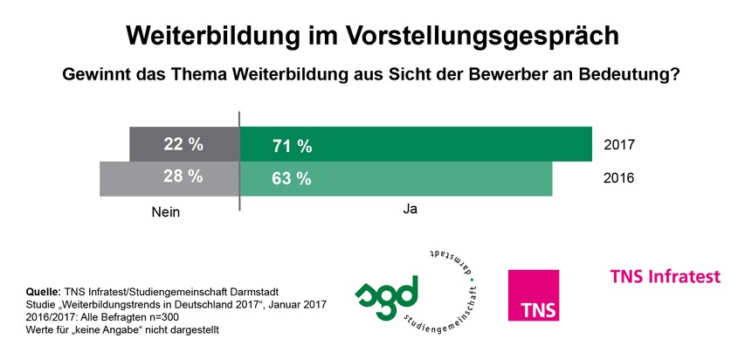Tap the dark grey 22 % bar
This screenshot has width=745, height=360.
pyautogui.click(x=184, y=144)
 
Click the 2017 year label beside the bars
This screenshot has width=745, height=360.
pyautogui.click(x=618, y=144)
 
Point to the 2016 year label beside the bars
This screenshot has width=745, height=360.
pyautogui.click(x=618, y=178)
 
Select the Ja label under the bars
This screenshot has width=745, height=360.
pyautogui.click(x=410, y=211)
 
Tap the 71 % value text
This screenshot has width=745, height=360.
pyautogui.click(x=293, y=145)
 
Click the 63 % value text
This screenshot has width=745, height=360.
pyautogui.click(x=293, y=178)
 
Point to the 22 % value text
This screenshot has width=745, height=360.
pyautogui.click(x=183, y=143)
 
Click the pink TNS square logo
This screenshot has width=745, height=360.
pyautogui.click(x=534, y=294)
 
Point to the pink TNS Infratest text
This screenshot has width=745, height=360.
pyautogui.click(x=666, y=277)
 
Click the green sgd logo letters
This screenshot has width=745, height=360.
pyautogui.click(x=388, y=293)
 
